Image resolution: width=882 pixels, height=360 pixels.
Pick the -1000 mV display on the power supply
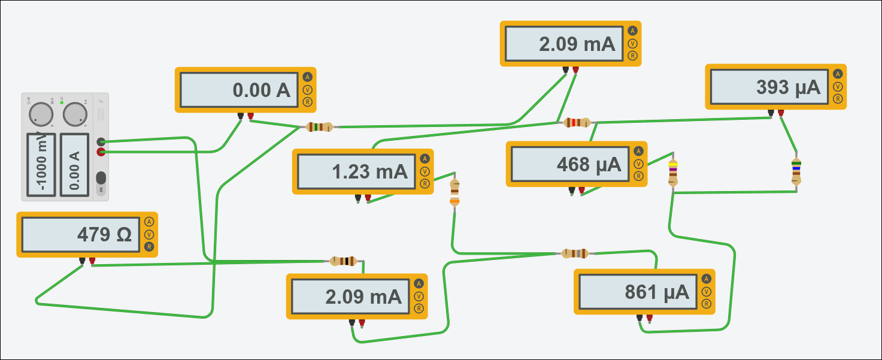(x=41, y=165)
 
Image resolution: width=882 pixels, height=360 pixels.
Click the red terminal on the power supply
(x=101, y=152)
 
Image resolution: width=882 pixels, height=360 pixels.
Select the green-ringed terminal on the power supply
(x=101, y=142)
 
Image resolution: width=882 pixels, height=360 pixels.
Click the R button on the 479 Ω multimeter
(x=149, y=247)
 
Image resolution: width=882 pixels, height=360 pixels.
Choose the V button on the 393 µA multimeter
(x=838, y=86)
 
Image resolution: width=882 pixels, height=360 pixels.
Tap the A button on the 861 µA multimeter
(x=707, y=279)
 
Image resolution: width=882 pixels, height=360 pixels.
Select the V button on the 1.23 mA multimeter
(x=425, y=171)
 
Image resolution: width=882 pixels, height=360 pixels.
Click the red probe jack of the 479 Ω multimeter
(x=92, y=261)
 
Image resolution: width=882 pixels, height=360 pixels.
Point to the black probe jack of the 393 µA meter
(x=771, y=112)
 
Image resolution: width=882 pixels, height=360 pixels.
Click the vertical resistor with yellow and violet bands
(x=673, y=173)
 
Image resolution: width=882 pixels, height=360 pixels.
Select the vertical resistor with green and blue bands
(x=796, y=171)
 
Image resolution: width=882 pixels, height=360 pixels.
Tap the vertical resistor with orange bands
(x=454, y=192)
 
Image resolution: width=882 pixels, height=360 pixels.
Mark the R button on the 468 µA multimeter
(x=638, y=176)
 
